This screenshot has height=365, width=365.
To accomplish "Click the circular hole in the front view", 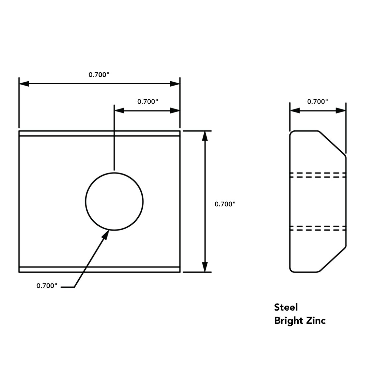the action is tap(85, 202).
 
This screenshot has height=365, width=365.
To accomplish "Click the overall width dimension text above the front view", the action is tap(99, 75).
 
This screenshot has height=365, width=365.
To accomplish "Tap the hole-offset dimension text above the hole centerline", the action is tap(148, 102).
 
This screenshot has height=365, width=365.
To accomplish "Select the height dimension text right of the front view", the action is tap(225, 204).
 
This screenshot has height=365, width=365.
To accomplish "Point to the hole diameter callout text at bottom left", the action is tap(47, 286).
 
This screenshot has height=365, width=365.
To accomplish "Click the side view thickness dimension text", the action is tap(318, 102).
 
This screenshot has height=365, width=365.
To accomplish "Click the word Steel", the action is tap(286, 307).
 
